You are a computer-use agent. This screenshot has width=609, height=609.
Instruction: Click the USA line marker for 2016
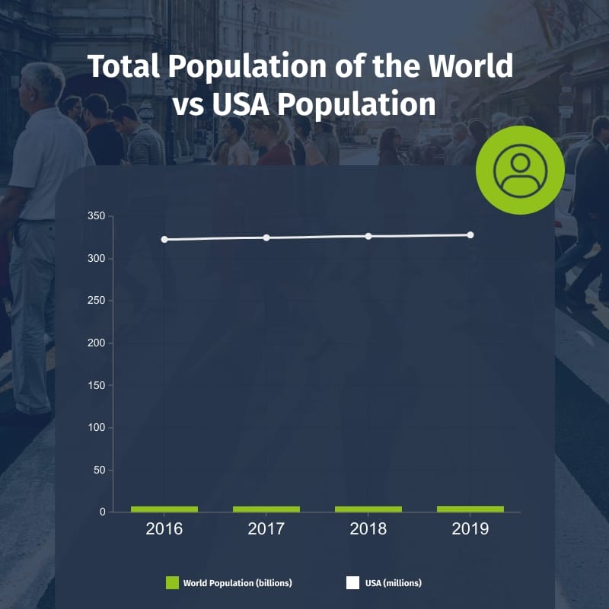coord(164,239)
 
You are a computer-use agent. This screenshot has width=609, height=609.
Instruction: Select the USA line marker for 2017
coord(266,238)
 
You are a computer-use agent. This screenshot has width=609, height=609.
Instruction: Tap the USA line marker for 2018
coord(368,236)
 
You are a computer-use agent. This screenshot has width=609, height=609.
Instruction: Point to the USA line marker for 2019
coord(470,234)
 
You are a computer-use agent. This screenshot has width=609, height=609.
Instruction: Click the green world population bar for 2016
coord(164,509)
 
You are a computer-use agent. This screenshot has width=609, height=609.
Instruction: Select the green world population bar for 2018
coord(368,509)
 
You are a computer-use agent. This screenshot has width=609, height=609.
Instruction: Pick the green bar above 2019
coord(470,509)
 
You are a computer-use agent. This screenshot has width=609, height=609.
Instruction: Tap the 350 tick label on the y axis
coord(95,216)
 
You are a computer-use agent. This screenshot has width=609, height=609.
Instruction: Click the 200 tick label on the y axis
coord(95,343)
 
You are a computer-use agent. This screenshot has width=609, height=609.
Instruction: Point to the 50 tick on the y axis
coord(97,470)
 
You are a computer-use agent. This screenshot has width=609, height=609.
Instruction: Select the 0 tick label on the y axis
coord(100,512)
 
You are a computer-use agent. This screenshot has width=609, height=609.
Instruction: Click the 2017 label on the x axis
coord(266,528)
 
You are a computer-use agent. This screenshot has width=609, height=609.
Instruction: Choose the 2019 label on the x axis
coord(470,528)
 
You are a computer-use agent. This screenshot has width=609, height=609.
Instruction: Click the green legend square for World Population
coord(172,583)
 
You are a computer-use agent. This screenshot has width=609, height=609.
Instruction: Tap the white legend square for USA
coord(352,583)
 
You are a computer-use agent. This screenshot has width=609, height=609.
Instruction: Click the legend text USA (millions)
coord(393,583)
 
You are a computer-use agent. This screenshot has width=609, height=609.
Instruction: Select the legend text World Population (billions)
coord(238,583)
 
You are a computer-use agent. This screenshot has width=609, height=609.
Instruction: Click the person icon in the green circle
coord(520,171)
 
